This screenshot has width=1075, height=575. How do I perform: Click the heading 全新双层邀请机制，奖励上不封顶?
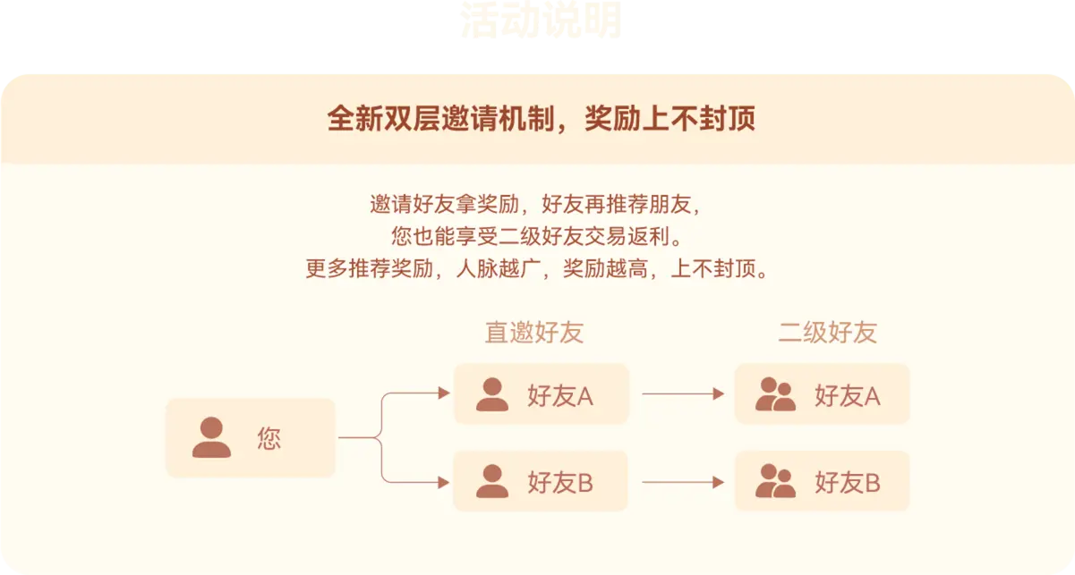[x=541, y=119]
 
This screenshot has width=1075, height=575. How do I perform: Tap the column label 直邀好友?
[x=533, y=333]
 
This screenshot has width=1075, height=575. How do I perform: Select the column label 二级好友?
[x=826, y=333]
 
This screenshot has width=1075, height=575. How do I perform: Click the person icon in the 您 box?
[x=211, y=437]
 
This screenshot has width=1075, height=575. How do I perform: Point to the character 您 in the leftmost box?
[x=269, y=438]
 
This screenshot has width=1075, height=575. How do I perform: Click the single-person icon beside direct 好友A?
[x=491, y=394]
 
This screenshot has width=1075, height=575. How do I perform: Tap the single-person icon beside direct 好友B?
[x=491, y=482]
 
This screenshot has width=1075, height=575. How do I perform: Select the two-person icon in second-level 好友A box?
[x=775, y=394]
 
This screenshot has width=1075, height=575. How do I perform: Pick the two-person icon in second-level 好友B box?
[x=775, y=482]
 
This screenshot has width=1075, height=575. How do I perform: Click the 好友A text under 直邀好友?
[x=560, y=395]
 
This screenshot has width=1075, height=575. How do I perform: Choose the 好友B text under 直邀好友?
[x=560, y=483]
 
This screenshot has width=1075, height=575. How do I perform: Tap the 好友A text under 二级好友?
[x=847, y=395]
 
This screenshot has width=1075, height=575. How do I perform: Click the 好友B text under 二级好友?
[x=847, y=483]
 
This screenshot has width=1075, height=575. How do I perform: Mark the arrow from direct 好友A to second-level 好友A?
[x=682, y=393]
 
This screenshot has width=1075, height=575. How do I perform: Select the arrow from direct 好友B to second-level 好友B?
[x=682, y=482]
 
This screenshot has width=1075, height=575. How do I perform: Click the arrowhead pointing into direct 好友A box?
[x=443, y=393]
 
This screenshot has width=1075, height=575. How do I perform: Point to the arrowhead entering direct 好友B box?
[x=443, y=482]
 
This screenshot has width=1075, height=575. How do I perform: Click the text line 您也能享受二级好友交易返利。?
[x=536, y=237]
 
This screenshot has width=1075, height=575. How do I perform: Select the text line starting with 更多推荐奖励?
[x=536, y=269]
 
